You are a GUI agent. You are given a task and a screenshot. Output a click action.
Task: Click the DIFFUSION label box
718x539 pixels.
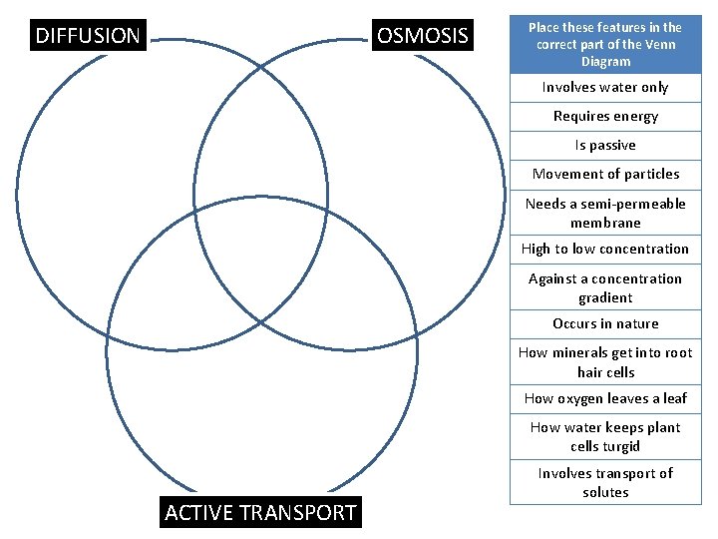pyautogui.click(x=88, y=36)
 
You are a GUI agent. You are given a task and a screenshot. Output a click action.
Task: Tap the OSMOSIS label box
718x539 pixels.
pyautogui.click(x=422, y=36)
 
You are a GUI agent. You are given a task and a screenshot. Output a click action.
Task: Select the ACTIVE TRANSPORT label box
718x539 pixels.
pyautogui.click(x=259, y=513)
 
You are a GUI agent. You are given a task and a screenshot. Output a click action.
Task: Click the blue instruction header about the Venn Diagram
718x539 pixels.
pyautogui.click(x=605, y=44)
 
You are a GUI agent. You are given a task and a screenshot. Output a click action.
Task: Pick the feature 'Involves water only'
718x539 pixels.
pyautogui.click(x=605, y=87)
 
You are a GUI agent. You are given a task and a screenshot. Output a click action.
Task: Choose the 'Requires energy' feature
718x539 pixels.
pyautogui.click(x=605, y=116)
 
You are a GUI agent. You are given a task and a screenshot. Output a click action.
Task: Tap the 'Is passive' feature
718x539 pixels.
pyautogui.click(x=605, y=145)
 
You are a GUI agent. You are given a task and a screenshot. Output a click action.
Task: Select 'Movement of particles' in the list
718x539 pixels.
pyautogui.click(x=605, y=174)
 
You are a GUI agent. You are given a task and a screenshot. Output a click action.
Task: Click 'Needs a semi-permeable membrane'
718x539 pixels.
pyautogui.click(x=605, y=213)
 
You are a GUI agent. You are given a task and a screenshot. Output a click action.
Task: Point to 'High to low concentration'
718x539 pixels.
pyautogui.click(x=605, y=249)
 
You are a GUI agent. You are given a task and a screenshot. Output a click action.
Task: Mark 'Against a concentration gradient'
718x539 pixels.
pyautogui.click(x=605, y=287)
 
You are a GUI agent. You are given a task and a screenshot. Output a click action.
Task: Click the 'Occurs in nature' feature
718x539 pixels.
pyautogui.click(x=605, y=323)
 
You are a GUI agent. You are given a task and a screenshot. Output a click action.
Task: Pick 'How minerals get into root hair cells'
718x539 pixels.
pyautogui.click(x=605, y=362)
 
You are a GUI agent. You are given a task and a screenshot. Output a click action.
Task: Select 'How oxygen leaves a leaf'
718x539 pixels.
pyautogui.click(x=605, y=398)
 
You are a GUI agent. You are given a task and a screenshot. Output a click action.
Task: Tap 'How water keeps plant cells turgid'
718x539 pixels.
pyautogui.click(x=605, y=436)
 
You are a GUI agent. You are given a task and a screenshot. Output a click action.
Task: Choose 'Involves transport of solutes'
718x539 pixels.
pyautogui.click(x=605, y=482)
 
